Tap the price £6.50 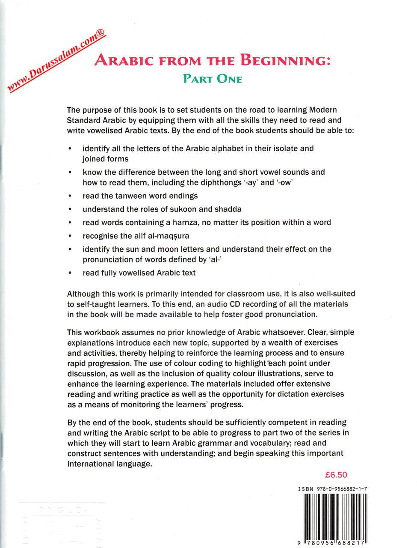pyautogui.click(x=336, y=474)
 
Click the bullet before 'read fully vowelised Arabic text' pyautogui.click(x=70, y=273)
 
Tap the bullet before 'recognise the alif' pyautogui.click(x=70, y=236)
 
